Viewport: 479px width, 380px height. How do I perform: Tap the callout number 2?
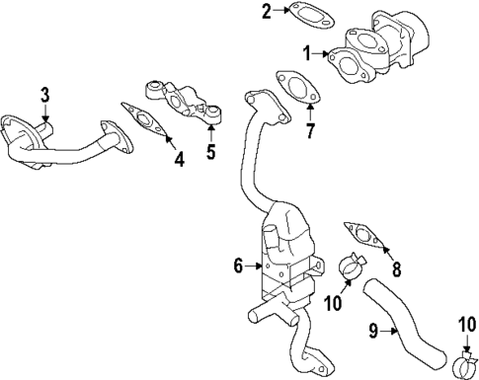coord(238,12)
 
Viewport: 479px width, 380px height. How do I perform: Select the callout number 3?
coord(44,95)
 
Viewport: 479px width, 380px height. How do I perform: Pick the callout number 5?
coord(210,151)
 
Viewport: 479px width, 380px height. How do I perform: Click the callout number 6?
coord(237,264)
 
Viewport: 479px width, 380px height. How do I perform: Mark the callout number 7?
coord(310,130)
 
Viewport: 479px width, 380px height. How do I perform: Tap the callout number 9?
coord(375,333)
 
